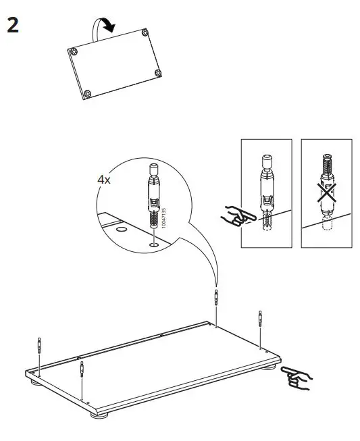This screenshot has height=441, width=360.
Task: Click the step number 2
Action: (12, 25)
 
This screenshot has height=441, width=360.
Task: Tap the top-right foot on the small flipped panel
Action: (147, 31)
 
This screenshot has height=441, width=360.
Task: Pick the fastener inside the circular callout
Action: (154, 195)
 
